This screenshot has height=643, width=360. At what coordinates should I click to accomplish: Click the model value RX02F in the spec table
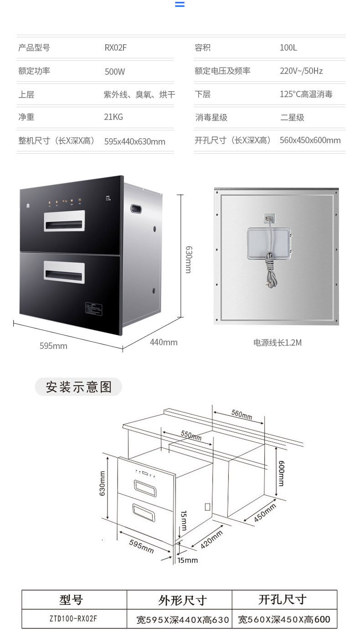click(116, 47)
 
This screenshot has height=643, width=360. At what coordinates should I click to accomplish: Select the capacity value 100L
click(288, 47)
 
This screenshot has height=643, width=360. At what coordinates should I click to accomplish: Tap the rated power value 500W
click(114, 72)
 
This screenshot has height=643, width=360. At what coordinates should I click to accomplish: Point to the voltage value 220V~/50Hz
click(301, 71)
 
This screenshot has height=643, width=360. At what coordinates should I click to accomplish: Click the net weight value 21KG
click(113, 117)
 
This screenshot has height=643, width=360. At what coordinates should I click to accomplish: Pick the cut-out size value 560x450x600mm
click(310, 140)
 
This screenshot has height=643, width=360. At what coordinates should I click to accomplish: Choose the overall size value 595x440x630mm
click(134, 141)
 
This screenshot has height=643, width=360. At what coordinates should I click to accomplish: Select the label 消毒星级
click(211, 117)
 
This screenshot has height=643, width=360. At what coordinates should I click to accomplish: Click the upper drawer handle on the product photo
click(64, 221)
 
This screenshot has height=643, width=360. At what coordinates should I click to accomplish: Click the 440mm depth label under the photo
click(164, 342)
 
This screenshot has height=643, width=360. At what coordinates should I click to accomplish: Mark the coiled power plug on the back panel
click(269, 273)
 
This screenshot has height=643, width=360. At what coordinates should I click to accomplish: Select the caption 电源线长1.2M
click(278, 342)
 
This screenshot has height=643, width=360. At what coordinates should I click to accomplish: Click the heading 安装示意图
click(79, 387)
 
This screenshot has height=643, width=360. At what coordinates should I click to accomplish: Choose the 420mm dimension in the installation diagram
click(212, 539)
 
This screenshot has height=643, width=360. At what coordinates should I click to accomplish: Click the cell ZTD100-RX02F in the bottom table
click(73, 619)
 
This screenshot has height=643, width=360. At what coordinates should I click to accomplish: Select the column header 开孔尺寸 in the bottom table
click(283, 599)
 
